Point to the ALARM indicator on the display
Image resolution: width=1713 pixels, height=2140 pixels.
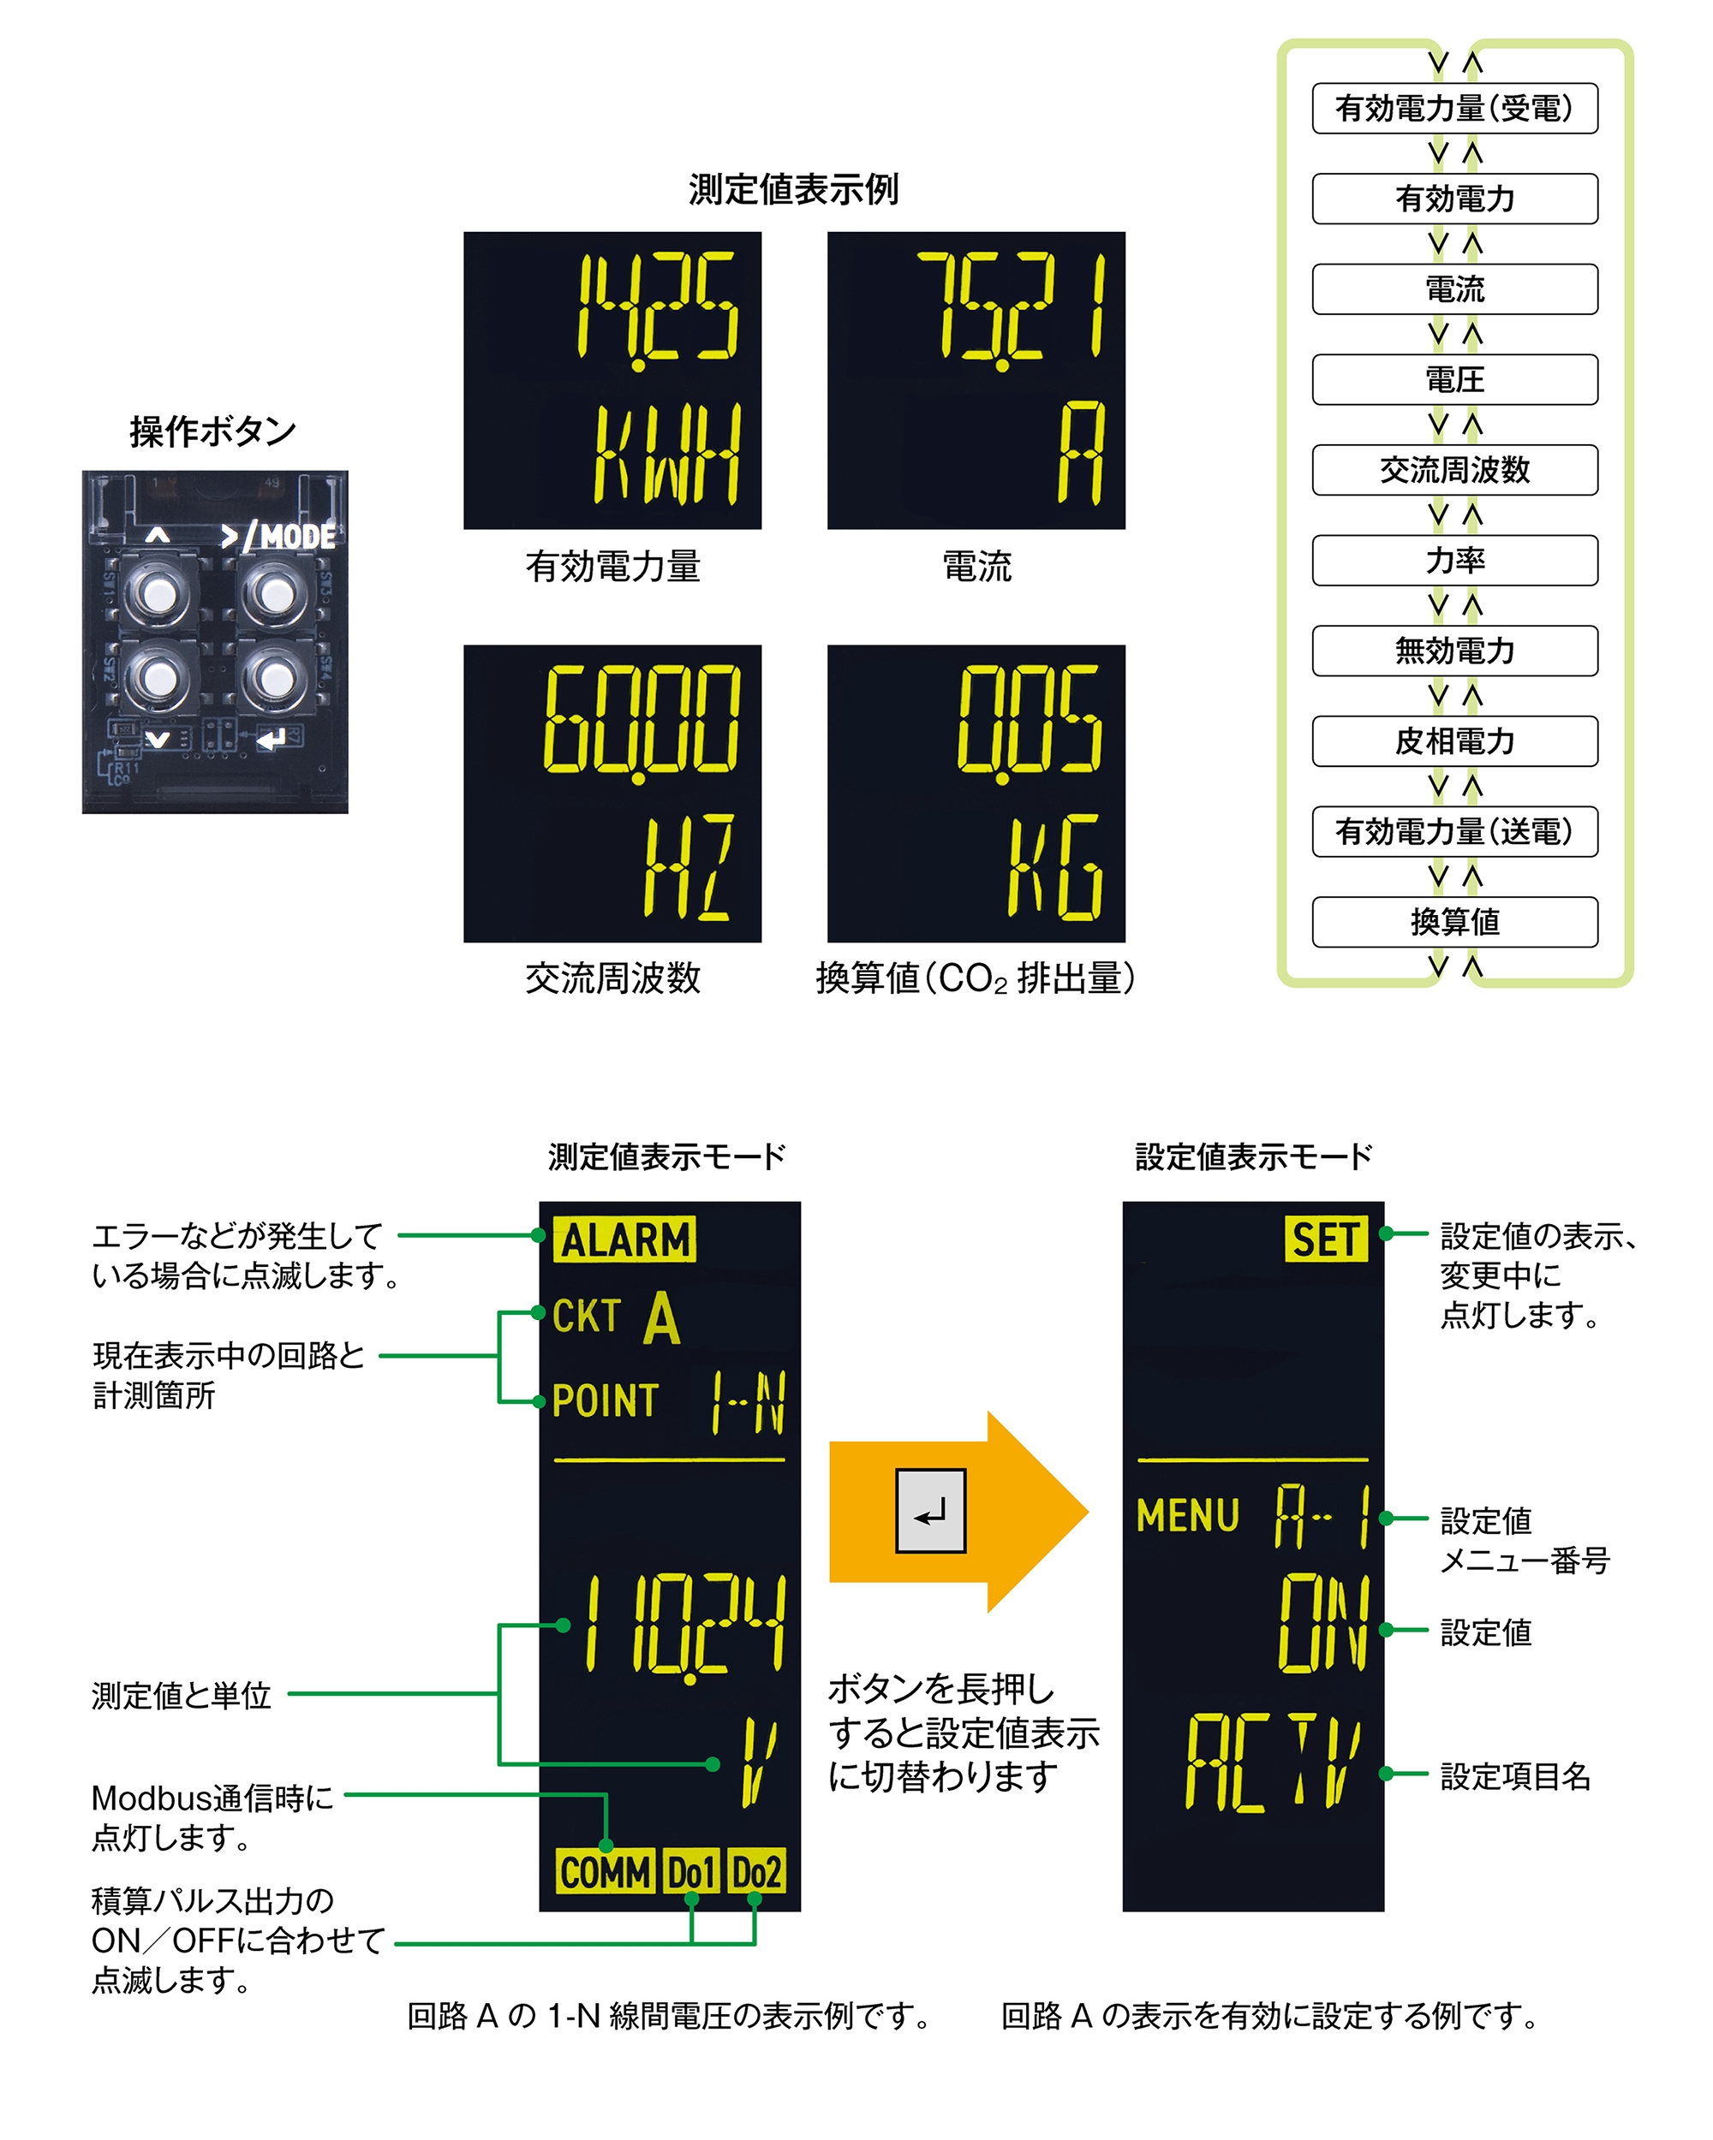click(x=624, y=1239)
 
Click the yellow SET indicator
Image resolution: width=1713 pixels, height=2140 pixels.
click(x=1325, y=1239)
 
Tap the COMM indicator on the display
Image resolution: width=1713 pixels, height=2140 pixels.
click(x=604, y=1872)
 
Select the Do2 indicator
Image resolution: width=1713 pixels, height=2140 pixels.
click(x=755, y=1872)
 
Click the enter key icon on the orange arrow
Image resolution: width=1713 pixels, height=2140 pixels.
click(x=930, y=1511)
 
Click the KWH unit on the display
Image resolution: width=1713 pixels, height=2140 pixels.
click(x=666, y=455)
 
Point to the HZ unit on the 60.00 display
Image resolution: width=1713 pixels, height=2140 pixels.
click(x=688, y=867)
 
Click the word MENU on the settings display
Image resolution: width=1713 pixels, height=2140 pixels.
click(x=1188, y=1516)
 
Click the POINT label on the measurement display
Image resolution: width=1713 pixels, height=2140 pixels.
click(x=605, y=1400)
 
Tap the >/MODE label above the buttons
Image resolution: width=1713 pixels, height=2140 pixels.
click(x=279, y=537)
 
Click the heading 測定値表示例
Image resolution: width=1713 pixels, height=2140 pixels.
click(x=793, y=188)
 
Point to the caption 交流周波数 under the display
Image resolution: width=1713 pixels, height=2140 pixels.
click(x=612, y=978)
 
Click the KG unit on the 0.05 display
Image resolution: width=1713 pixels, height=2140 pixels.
click(x=1053, y=867)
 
